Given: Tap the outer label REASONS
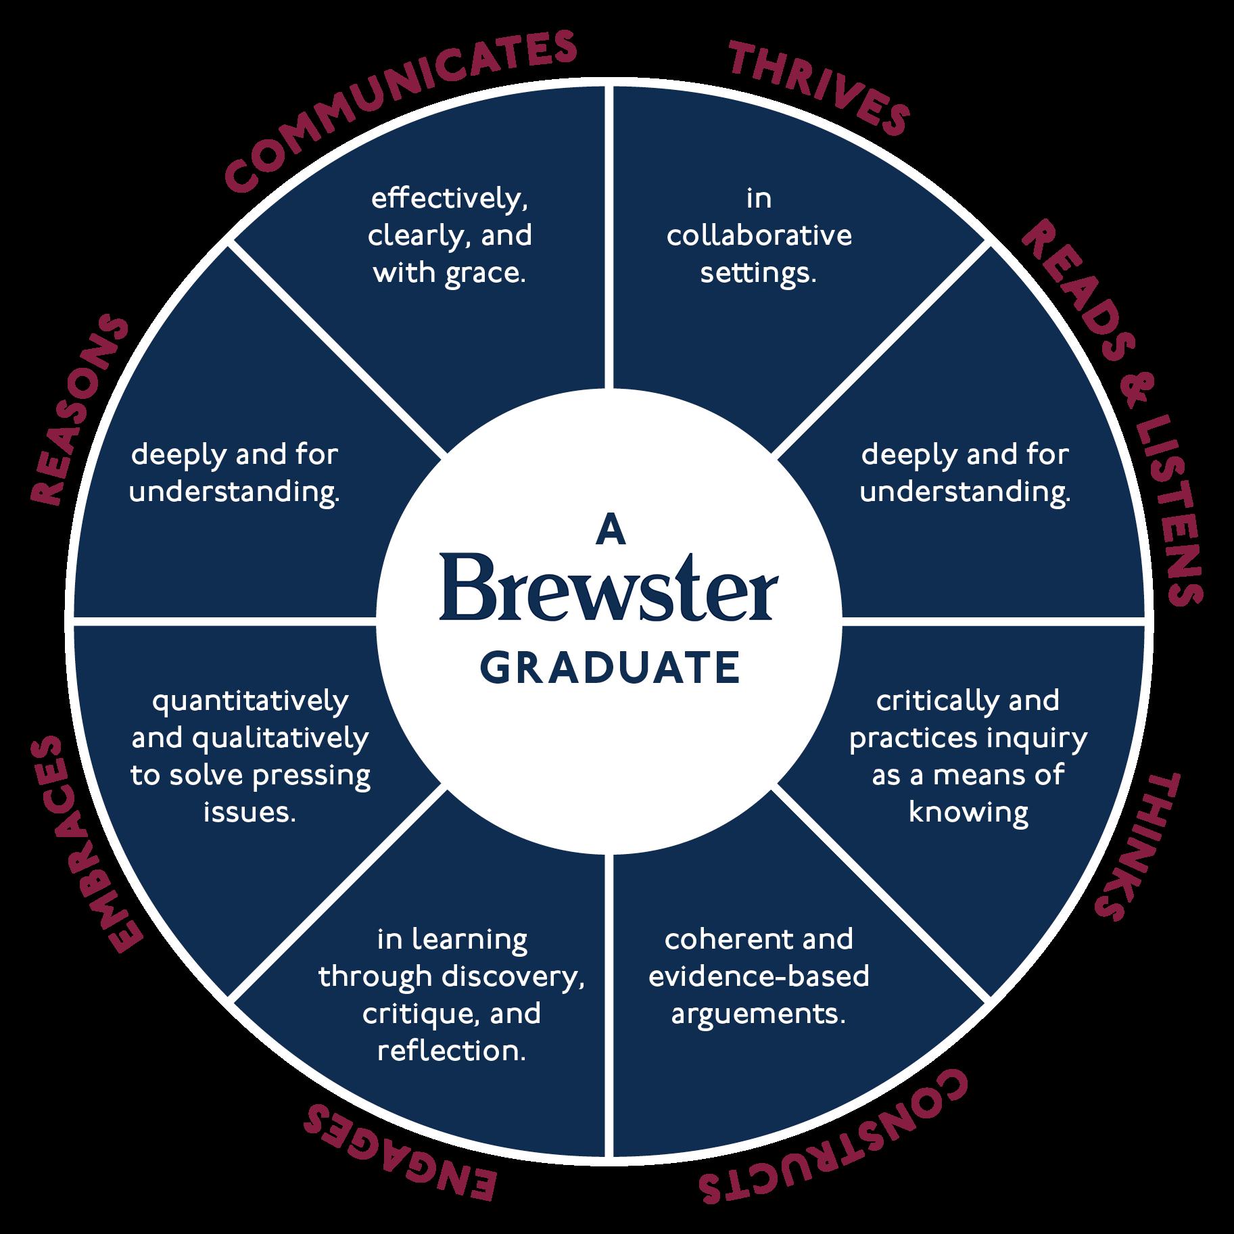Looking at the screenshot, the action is [78, 412].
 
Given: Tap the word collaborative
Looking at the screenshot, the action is [759, 237].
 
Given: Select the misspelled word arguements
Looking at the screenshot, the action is [759, 1015].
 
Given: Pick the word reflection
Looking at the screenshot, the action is [451, 1051].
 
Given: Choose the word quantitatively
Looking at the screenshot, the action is [250, 702].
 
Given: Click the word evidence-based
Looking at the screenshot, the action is [759, 977].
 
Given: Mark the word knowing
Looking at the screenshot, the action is [968, 812].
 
